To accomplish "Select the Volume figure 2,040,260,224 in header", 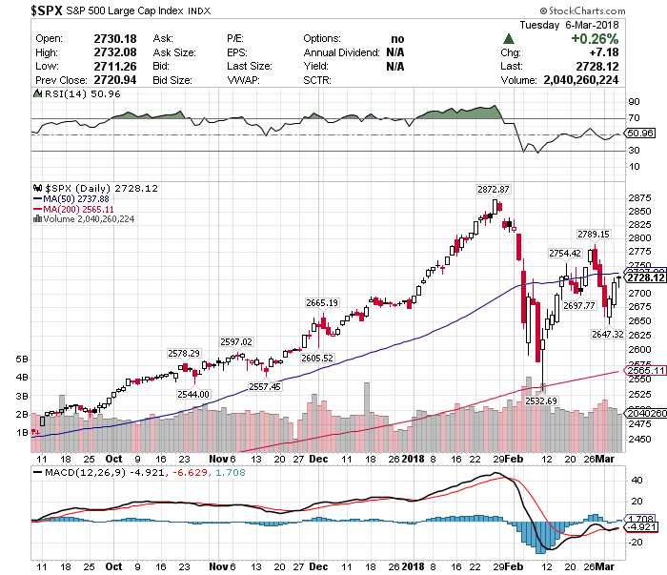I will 593,81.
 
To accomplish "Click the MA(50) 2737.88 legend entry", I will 76,198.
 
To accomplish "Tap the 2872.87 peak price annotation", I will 494,189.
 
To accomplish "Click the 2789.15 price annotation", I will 593,234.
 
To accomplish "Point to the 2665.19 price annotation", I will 322,302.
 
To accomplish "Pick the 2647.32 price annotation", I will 607,334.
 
